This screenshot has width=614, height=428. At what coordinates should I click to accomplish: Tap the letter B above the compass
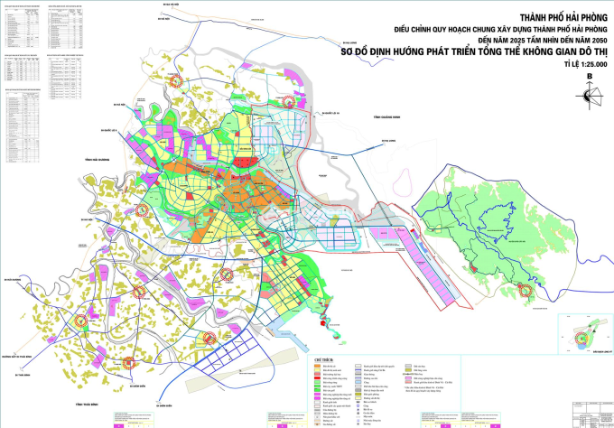[x=590, y=76]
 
